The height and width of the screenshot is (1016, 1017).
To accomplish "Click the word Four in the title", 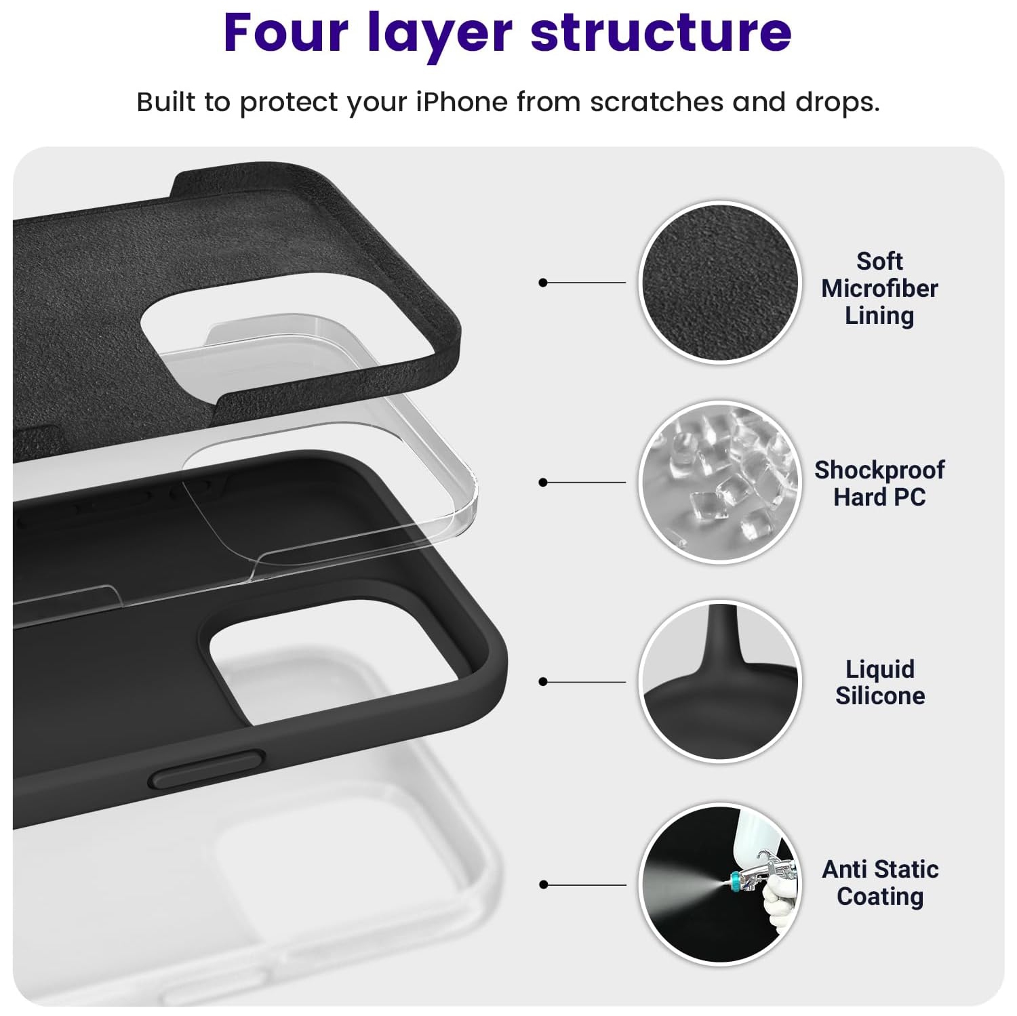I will click(x=285, y=33).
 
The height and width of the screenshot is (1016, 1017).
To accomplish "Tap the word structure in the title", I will click(x=661, y=33).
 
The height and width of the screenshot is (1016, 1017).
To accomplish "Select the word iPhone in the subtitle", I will click(x=461, y=102).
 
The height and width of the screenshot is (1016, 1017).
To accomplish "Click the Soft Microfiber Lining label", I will click(x=879, y=288).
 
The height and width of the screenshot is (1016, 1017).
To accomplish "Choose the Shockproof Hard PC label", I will click(x=879, y=483).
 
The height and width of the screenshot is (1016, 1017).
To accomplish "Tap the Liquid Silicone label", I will click(x=879, y=682).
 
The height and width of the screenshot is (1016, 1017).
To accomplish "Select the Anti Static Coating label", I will click(x=879, y=882).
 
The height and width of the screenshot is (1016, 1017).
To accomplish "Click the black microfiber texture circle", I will click(x=720, y=283).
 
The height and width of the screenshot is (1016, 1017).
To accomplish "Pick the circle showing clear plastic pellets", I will click(x=720, y=482).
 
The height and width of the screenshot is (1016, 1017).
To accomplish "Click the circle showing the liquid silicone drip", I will click(x=720, y=681).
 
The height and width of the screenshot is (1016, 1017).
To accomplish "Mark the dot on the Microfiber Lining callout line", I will click(x=542, y=283).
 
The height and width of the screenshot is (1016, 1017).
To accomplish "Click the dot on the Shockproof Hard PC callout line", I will click(x=542, y=483).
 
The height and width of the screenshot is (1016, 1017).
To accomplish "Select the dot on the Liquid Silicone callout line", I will click(x=542, y=682).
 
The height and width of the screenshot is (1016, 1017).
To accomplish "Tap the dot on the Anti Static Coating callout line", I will click(x=542, y=885).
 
